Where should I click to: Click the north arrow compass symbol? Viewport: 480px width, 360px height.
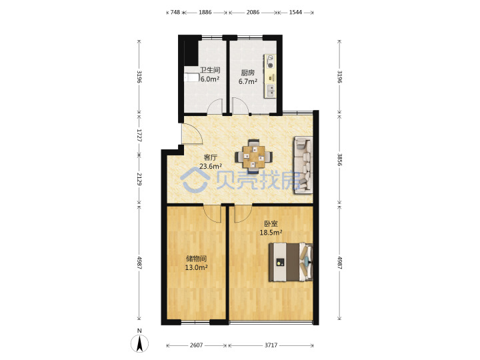(x=139, y=343)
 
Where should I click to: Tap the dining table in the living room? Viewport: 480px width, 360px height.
(x=254, y=157)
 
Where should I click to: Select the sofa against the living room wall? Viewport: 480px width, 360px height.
(x=303, y=165)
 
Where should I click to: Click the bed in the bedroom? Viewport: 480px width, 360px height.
(x=291, y=262)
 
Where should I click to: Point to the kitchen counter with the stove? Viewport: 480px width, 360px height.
(x=270, y=76)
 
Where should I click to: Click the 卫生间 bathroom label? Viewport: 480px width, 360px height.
(x=210, y=70)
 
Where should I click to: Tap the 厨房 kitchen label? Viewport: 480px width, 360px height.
(x=247, y=73)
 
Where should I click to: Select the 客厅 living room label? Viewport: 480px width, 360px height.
(x=211, y=157)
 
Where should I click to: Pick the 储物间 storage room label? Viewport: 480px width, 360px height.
(x=196, y=259)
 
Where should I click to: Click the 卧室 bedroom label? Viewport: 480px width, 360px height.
(x=271, y=224)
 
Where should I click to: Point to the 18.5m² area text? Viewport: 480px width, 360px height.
(x=271, y=233)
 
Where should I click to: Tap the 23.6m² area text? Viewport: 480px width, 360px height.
(x=211, y=167)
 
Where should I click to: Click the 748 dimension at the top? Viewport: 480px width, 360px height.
(x=175, y=12)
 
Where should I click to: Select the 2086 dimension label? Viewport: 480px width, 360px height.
(x=253, y=12)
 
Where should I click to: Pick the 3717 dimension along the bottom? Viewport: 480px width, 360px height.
(x=271, y=345)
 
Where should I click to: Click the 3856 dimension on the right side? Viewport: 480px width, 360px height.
(x=339, y=160)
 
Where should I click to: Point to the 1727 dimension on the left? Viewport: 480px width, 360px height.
(x=139, y=135)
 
